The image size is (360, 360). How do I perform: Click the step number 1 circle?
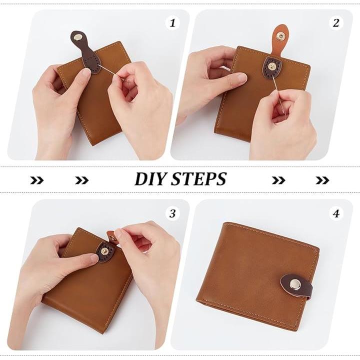point(172,23)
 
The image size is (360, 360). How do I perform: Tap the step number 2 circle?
point(336,23)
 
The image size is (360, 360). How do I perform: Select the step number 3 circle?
point(172,214)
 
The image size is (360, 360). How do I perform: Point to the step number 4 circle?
point(336,214)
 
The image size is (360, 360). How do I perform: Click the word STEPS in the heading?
point(199,178)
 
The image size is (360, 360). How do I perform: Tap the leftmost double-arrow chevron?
point(36,180)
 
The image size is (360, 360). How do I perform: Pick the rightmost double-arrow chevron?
point(322,180)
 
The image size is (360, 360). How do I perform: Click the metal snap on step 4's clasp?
point(294,285)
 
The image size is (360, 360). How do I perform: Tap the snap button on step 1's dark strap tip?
point(79,36)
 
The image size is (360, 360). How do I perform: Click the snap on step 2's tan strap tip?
point(280,35)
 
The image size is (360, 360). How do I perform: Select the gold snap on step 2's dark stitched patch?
point(272,66)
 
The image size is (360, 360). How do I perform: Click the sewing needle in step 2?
point(279,95)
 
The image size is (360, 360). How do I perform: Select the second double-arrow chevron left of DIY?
point(81,180)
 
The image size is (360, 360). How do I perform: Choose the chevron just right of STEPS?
point(278,180)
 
